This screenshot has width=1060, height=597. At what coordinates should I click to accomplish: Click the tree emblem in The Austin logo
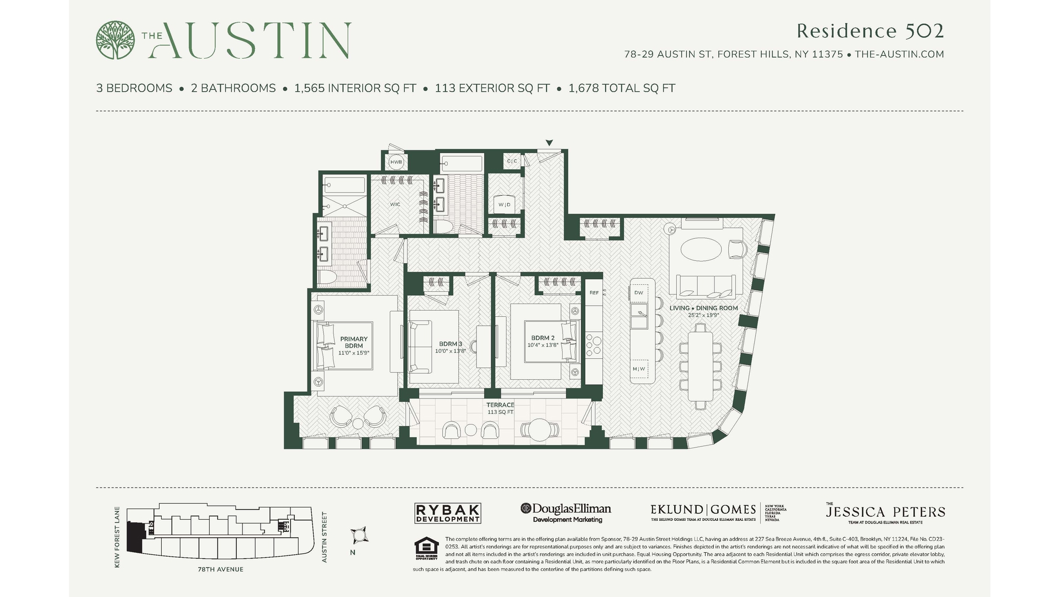pyautogui.click(x=115, y=40)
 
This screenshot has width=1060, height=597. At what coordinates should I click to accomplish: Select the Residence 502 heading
pyautogui.click(x=870, y=31)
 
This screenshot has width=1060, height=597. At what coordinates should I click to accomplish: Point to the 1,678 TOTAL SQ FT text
pyautogui.click(x=622, y=88)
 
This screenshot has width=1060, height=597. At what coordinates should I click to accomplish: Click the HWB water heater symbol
pyautogui.click(x=396, y=162)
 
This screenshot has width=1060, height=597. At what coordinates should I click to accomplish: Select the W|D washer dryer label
pyautogui.click(x=504, y=205)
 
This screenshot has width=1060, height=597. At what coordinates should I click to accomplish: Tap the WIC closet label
pyautogui.click(x=395, y=205)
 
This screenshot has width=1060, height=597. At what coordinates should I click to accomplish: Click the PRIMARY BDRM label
pyautogui.click(x=354, y=342)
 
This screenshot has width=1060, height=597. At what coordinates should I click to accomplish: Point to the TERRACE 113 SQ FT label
pyautogui.click(x=500, y=409)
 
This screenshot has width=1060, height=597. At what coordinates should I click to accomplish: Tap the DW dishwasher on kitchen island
pyautogui.click(x=639, y=293)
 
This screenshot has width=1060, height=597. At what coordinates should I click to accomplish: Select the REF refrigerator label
pyautogui.click(x=594, y=293)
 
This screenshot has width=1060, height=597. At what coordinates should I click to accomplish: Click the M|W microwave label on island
pyautogui.click(x=639, y=369)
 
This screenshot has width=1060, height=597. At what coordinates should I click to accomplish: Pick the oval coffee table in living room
pyautogui.click(x=701, y=249)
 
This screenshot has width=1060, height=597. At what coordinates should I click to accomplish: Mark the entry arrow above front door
pyautogui.click(x=549, y=143)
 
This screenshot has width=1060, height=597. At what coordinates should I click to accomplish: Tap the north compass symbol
pyautogui.click(x=359, y=535)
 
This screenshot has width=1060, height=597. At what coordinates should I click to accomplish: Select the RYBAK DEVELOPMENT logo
pyautogui.click(x=448, y=513)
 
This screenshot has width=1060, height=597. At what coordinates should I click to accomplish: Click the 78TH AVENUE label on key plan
pyautogui.click(x=220, y=569)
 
